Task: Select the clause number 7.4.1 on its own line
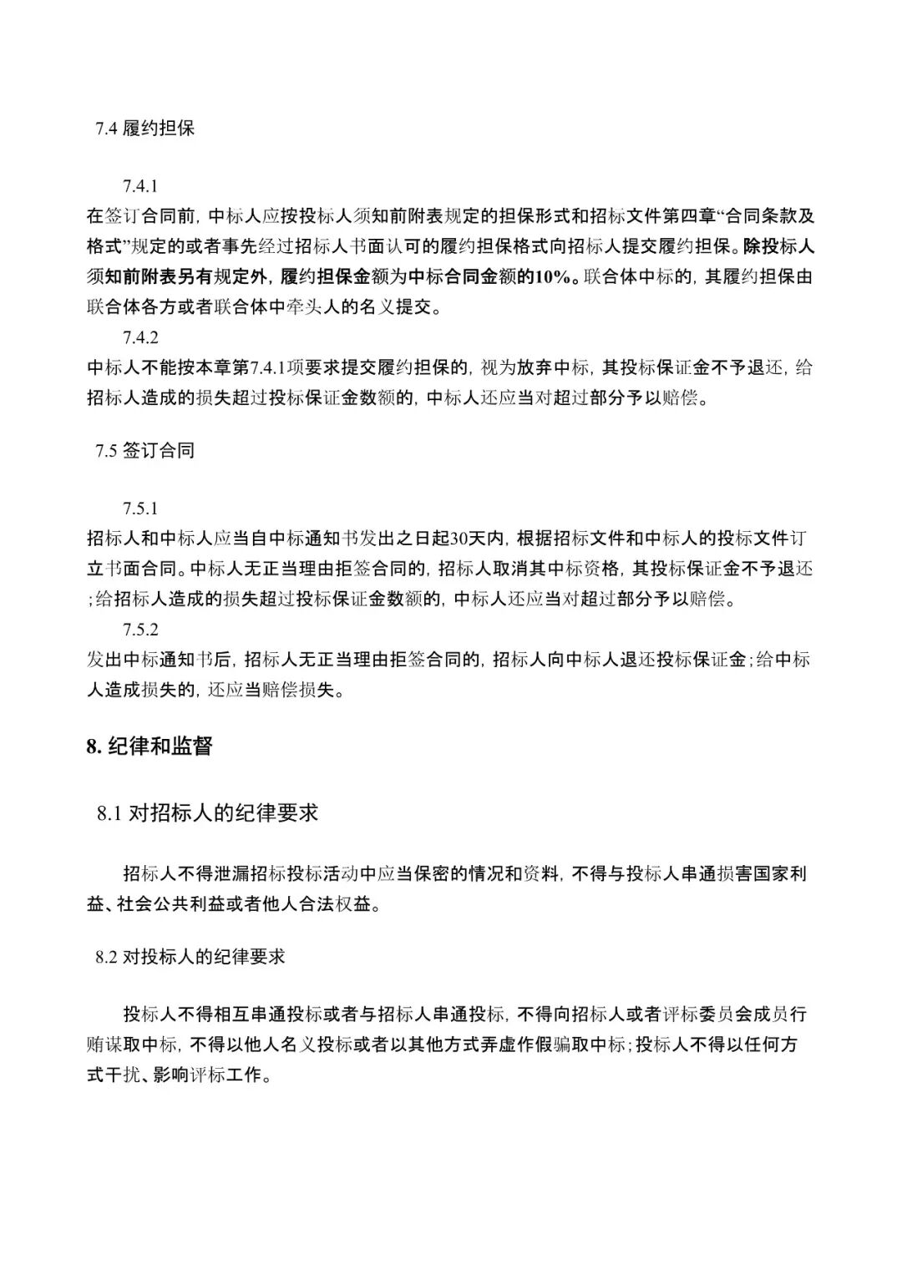(139, 186)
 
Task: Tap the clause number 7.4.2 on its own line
(139, 337)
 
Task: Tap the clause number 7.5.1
(139, 508)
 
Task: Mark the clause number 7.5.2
(139, 629)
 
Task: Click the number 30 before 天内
(459, 539)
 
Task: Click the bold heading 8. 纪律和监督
(149, 746)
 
